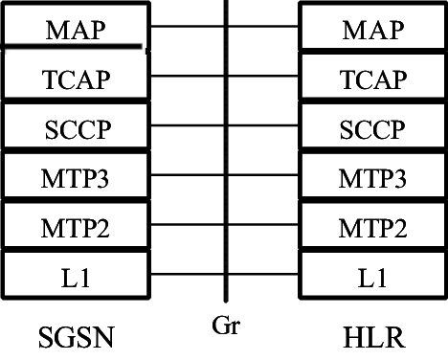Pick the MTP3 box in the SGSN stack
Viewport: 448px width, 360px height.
(74, 177)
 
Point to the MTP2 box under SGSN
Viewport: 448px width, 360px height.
(74, 227)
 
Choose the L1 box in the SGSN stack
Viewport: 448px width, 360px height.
(74, 277)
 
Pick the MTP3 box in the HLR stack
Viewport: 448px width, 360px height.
(373, 177)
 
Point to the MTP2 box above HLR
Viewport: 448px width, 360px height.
(373, 227)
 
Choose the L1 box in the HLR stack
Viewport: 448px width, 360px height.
(373, 277)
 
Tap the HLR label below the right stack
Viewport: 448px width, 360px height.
(374, 336)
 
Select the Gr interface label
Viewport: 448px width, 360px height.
(225, 326)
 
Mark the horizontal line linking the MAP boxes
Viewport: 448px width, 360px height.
(187, 27)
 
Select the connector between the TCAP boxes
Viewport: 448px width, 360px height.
(187, 77)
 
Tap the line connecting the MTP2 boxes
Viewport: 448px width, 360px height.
(187, 227)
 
